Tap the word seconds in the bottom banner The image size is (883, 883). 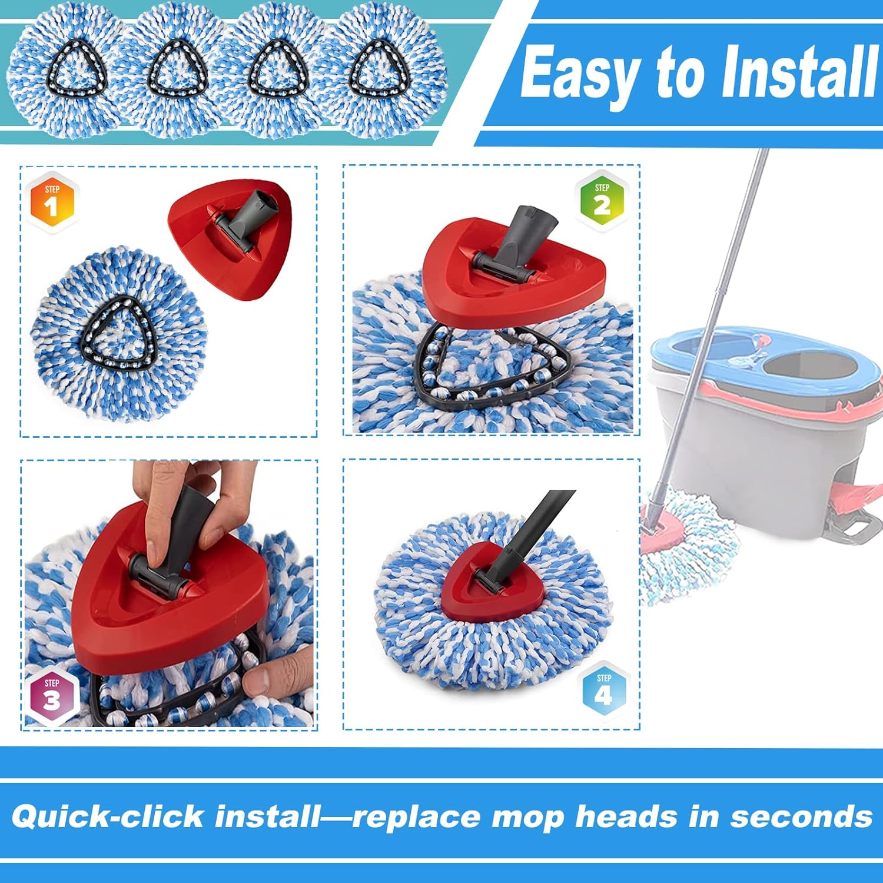(x=801, y=816)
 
